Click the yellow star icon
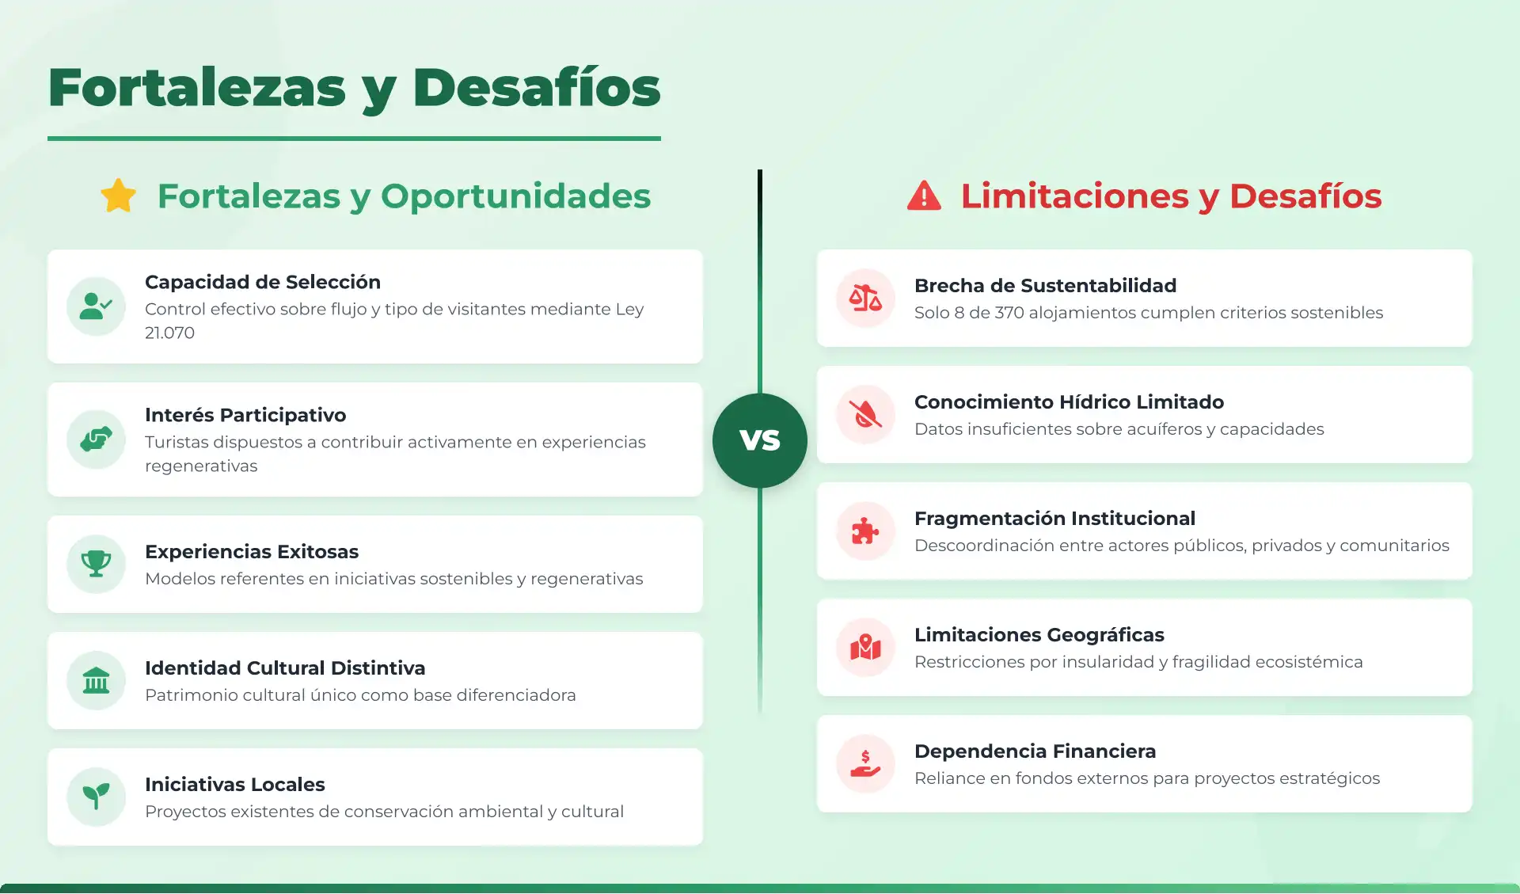(x=119, y=196)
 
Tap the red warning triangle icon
(x=924, y=196)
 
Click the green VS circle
(x=760, y=440)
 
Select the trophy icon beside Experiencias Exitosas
(x=96, y=564)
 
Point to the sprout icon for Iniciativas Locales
(x=96, y=797)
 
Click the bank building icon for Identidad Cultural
(x=96, y=680)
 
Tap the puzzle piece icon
(x=865, y=531)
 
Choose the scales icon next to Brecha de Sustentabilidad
(x=865, y=298)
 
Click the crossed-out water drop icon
(x=865, y=414)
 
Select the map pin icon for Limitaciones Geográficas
(x=865, y=647)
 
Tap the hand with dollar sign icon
(x=865, y=763)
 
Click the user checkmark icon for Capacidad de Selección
(x=96, y=306)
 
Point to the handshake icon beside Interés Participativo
(x=96, y=439)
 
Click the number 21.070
(x=169, y=333)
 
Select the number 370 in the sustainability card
(x=1009, y=313)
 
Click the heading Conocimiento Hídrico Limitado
(x=1069, y=401)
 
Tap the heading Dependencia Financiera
(x=1035, y=751)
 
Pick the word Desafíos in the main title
(x=536, y=88)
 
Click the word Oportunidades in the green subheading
(x=515, y=196)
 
